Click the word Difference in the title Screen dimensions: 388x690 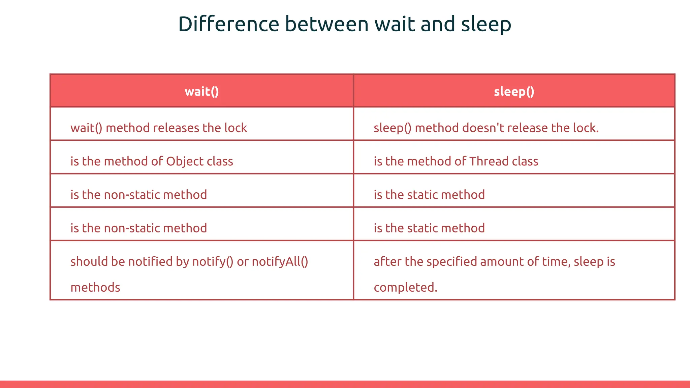click(x=228, y=24)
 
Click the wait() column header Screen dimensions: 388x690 click(x=202, y=92)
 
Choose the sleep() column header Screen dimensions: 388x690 click(x=514, y=92)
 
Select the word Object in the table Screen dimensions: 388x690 click(x=185, y=161)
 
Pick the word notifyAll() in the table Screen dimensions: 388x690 click(x=280, y=262)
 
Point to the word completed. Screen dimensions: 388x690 click(x=405, y=288)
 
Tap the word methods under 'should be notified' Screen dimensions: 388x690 click(x=95, y=288)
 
